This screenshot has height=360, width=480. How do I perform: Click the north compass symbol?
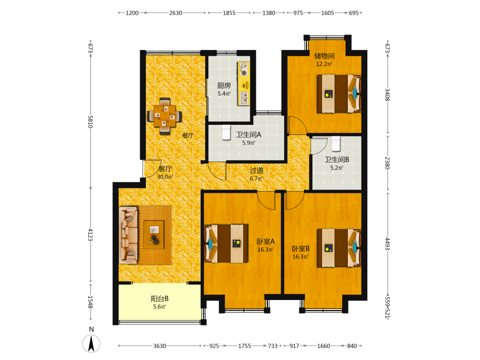(x=91, y=344)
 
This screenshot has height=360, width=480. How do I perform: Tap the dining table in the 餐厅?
(x=165, y=116)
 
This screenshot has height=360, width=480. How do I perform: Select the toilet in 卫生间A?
(x=226, y=132)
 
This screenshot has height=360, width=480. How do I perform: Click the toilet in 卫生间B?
(x=336, y=144)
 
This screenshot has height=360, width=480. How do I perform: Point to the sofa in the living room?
(x=128, y=235)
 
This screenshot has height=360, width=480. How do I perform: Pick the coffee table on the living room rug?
(x=154, y=235)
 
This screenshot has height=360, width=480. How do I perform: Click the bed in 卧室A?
(x=226, y=243)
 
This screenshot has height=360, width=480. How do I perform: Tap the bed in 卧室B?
(x=339, y=247)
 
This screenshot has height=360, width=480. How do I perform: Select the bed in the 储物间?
(x=339, y=94)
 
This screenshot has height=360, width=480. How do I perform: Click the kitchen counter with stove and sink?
(x=244, y=84)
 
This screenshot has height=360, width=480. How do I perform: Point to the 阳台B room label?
(x=159, y=299)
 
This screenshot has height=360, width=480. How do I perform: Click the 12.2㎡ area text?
(x=324, y=64)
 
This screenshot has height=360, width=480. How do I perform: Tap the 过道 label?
(x=256, y=170)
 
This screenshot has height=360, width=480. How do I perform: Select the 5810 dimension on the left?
(x=90, y=122)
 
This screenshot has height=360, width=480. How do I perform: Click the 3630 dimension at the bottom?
(x=159, y=346)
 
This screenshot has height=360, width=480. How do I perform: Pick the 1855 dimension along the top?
(x=229, y=13)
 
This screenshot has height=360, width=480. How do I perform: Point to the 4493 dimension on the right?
(x=387, y=244)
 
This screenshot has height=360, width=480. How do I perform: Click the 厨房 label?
(x=224, y=86)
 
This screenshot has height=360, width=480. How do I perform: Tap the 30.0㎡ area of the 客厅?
(x=165, y=177)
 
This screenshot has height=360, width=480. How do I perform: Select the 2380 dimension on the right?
(x=387, y=163)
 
